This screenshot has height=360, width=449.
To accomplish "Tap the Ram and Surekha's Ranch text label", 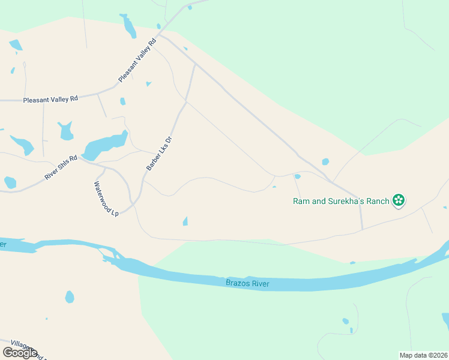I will coord(341,201).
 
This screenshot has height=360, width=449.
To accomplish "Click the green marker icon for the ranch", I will coord(398,200).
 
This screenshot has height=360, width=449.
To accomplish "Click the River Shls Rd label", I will coord(61,168).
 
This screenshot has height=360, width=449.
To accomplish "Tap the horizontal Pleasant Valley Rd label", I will coord(50,99).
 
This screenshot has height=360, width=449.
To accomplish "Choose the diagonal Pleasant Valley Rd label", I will coord(137,59).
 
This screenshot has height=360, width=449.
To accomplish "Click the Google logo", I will coord(20,353).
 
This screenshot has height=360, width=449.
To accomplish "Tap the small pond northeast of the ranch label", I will coord(325,161).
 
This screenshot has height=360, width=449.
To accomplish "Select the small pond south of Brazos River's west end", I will coord(70,297).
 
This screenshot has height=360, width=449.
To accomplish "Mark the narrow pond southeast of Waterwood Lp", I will coord(185,221).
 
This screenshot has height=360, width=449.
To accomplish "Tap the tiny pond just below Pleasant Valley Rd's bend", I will coord(122,101).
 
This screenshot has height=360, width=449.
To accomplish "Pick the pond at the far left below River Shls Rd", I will coord(10,182).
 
